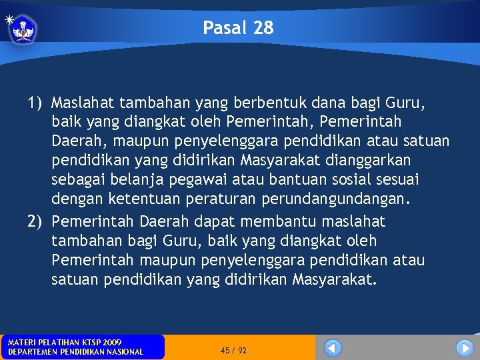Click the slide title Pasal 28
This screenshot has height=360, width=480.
point(238,28)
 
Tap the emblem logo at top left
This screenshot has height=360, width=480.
point(23,29)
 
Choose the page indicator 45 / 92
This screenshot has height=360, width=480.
point(233,350)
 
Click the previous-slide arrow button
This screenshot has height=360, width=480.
point(333,348)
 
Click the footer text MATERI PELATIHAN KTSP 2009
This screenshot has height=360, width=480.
point(64,342)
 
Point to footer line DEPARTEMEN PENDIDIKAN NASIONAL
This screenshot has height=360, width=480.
point(75,352)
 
